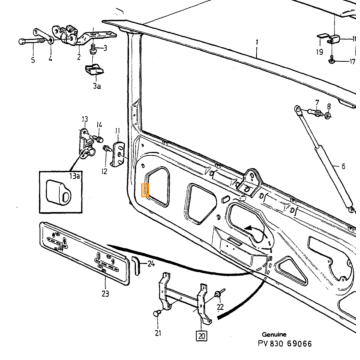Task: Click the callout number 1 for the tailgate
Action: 257,43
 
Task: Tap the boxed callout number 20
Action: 202,336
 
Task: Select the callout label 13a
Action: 75,177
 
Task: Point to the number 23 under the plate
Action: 105,294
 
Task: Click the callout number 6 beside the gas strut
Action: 343,166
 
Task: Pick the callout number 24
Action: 151,264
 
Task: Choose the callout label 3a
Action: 97,86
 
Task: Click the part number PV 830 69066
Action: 285,343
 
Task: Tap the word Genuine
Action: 274,334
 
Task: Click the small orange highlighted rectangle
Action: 145,190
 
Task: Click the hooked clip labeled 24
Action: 136,265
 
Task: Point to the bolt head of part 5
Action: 21,42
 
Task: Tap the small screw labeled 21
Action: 156,313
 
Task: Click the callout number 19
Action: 320,52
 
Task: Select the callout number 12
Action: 104,171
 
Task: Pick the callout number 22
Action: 220,307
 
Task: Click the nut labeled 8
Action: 328,115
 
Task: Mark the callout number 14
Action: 99,124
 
